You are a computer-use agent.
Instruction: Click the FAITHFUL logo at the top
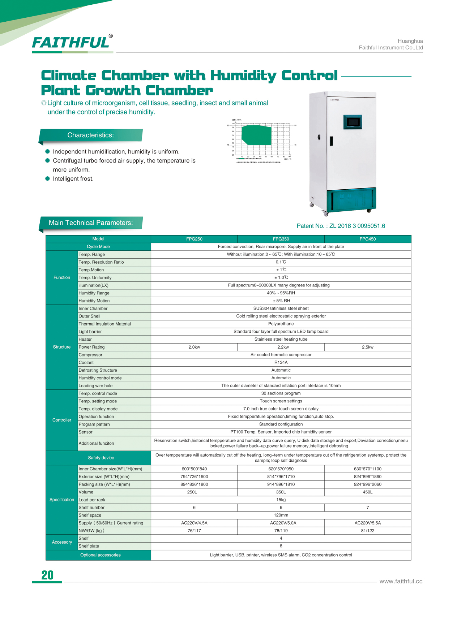[71, 43]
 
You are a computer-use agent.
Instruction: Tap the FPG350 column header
[281, 239]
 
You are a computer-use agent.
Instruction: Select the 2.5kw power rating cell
[367, 347]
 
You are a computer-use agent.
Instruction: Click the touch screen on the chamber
[353, 122]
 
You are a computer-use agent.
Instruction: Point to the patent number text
[341, 226]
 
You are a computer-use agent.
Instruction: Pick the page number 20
[47, 575]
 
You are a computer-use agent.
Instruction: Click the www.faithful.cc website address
[401, 581]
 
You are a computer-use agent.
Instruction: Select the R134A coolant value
[281, 362]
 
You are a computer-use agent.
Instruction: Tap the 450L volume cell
[367, 492]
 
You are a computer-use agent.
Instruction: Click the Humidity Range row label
[94, 293]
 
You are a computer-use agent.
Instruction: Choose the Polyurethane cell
[281, 324]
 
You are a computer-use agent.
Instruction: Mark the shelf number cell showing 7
[367, 508]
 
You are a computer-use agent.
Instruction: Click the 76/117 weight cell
[194, 531]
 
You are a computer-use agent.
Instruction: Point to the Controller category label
[62, 420]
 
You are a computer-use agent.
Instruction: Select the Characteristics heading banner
[91, 135]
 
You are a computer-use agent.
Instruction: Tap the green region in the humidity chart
[256, 135]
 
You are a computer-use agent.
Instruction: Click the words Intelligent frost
[73, 179]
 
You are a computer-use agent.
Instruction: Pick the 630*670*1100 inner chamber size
[367, 469]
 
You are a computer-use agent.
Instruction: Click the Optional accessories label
[101, 555]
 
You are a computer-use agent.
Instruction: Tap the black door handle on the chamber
[331, 141]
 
